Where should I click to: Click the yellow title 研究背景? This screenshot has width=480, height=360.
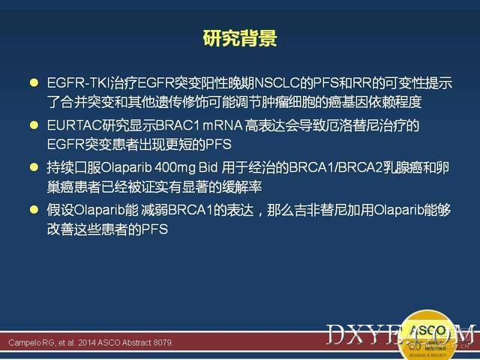coord(240,38)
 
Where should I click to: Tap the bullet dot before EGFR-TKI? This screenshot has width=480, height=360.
coord(34,82)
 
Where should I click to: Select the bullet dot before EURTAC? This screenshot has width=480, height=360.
coord(34,125)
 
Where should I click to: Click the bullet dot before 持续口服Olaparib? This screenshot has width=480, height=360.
coord(34,167)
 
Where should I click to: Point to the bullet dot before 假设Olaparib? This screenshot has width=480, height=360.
coord(34,210)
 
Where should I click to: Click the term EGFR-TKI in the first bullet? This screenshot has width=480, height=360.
coord(78,83)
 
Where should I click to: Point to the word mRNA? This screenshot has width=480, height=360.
coord(223,125)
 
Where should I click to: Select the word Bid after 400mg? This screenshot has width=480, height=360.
coord(208,167)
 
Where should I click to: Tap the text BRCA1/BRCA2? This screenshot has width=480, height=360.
coord(336,167)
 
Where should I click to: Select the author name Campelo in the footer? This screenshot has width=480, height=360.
coord(25,343)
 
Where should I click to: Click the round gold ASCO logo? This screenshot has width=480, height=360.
coord(428,335)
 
